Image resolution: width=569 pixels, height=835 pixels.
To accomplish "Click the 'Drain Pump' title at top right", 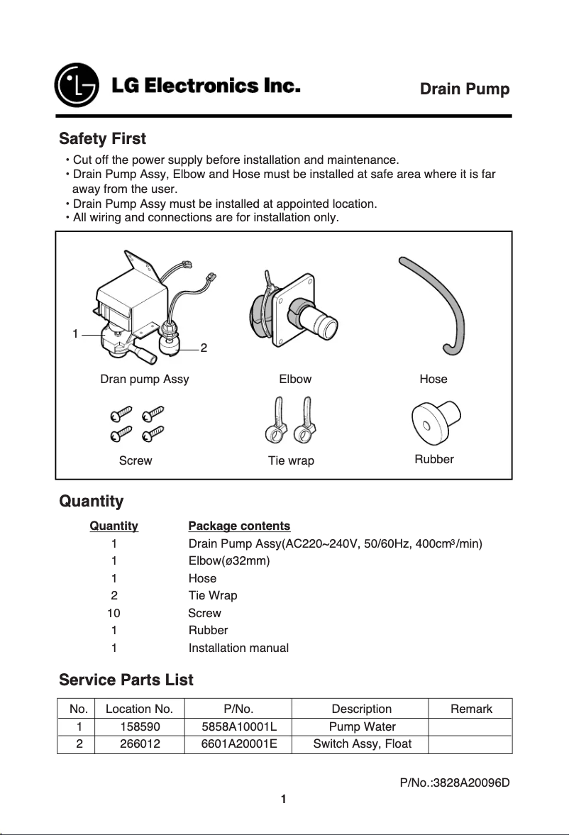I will tap(465, 89).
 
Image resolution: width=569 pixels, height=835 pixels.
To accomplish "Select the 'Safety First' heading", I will tap(102, 138).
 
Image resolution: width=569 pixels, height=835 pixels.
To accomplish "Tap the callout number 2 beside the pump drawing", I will tap(204, 348).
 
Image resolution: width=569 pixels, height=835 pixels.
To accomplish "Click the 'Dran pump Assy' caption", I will tap(145, 379).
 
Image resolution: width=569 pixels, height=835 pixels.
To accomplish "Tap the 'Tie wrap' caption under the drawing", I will tap(291, 460).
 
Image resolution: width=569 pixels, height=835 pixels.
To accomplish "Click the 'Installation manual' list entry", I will tap(238, 648).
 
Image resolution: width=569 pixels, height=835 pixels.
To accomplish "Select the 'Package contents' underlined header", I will tap(239, 526).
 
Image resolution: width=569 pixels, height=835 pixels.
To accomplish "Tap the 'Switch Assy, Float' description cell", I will tap(362, 744).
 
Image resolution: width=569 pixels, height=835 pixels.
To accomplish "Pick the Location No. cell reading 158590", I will tap(139, 726).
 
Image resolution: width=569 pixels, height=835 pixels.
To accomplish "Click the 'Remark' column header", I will tap(471, 709).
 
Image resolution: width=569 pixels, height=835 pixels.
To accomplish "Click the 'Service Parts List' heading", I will tap(126, 680).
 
